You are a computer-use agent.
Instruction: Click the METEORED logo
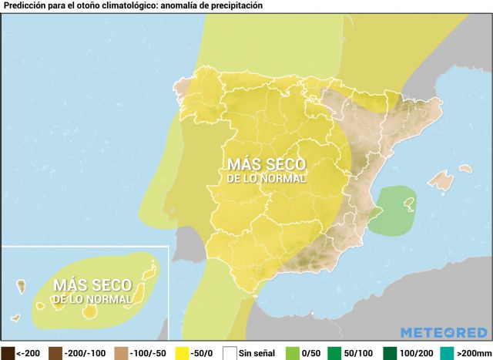(x=443, y=332)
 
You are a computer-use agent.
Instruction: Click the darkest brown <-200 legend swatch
(x=8, y=353)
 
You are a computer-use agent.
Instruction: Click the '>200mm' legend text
(x=472, y=353)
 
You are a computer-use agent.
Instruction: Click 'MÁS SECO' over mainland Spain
(x=266, y=164)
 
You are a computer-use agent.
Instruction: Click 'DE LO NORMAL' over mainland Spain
(x=266, y=178)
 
